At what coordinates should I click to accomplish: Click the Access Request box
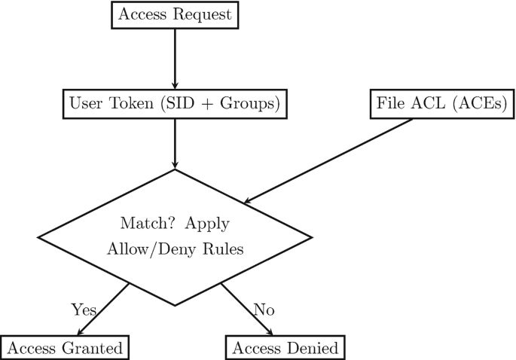(175, 15)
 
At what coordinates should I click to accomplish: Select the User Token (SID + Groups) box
(175, 103)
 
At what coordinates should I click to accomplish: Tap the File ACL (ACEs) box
(442, 103)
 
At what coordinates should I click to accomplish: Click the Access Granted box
(65, 348)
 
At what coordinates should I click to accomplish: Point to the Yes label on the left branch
(84, 309)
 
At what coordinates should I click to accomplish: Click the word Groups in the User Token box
(252, 103)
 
